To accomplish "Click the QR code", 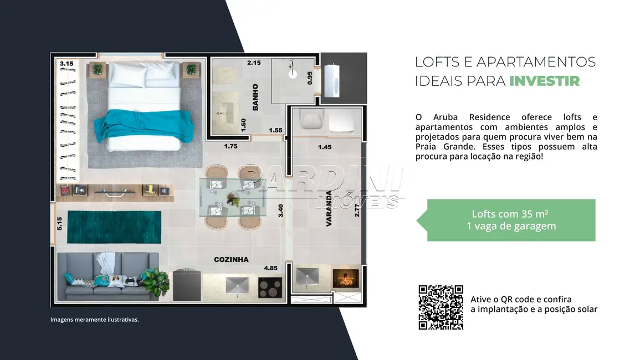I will click(x=441, y=307).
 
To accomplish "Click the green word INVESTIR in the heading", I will click(x=544, y=81).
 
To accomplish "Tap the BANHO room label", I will click(x=255, y=97).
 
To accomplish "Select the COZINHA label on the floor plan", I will click(x=231, y=259).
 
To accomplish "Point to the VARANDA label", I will click(x=329, y=206).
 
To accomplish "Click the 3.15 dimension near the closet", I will click(x=66, y=64).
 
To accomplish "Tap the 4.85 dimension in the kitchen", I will click(x=270, y=268).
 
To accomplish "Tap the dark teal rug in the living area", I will click(x=114, y=227).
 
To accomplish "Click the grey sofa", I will click(x=107, y=275).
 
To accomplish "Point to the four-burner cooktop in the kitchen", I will click(x=270, y=287).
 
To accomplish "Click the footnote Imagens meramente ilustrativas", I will click(x=94, y=320).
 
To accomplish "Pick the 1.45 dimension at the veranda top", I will click(x=325, y=147).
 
